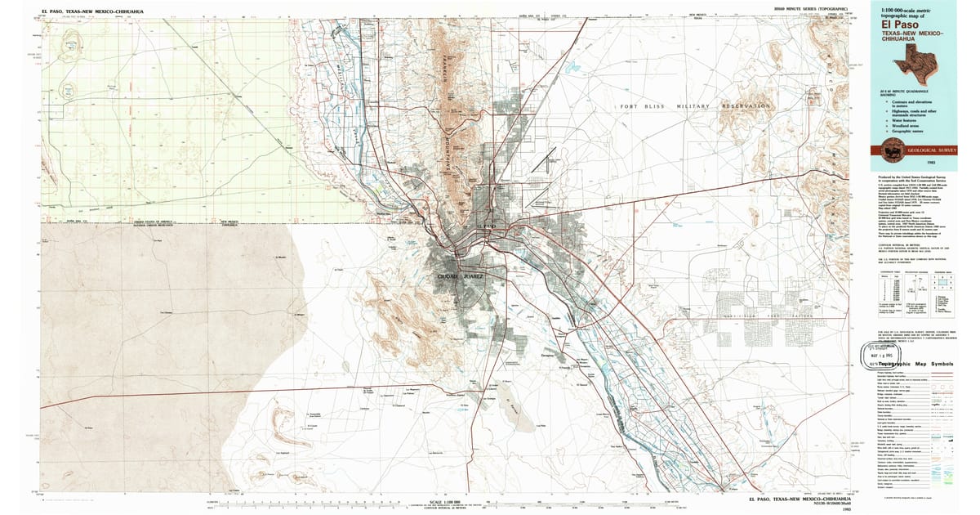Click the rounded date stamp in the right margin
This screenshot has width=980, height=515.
[x=877, y=354]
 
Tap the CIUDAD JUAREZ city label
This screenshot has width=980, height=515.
[x=461, y=278]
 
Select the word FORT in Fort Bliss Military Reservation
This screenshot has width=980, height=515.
[x=629, y=106]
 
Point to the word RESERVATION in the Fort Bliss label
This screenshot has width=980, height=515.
[x=745, y=106]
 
